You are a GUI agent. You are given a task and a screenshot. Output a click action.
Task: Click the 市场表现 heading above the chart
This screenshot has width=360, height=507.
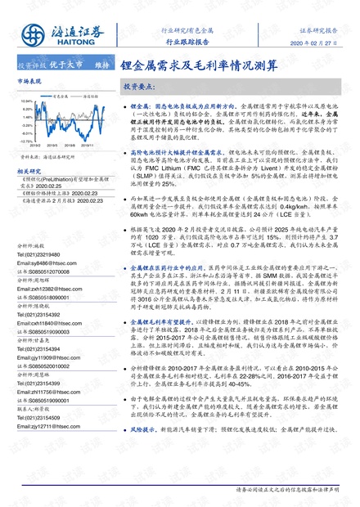click(29, 83)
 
